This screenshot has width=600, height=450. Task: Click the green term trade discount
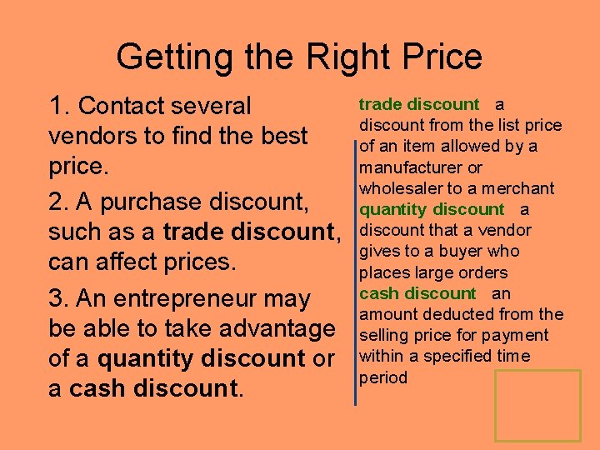[x=418, y=104]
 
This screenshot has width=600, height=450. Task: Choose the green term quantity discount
[x=431, y=209]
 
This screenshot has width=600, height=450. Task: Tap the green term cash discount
[x=417, y=293]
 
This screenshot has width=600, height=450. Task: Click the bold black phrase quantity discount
[x=201, y=358]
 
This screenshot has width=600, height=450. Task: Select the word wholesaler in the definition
[x=397, y=188]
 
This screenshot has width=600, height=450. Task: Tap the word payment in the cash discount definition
[x=519, y=335]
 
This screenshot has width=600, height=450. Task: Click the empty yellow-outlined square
[x=537, y=405]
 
